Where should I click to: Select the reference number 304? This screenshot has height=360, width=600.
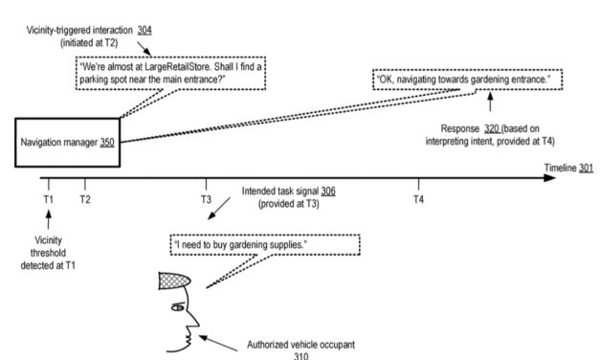pyautogui.click(x=144, y=30)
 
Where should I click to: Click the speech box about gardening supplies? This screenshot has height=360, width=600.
pyautogui.click(x=264, y=245)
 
